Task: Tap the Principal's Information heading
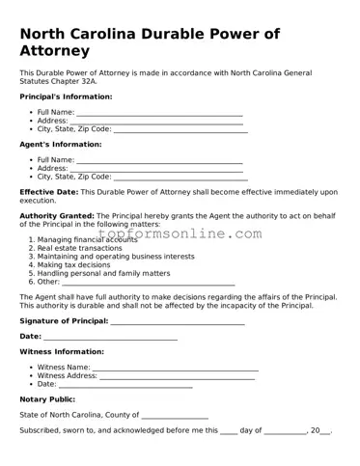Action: point(66,96)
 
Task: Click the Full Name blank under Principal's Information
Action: point(158,113)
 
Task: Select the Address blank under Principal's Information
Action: point(155,122)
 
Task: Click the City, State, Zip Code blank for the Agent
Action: point(180,178)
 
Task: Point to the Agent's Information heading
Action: point(60,145)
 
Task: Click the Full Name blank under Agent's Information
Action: point(158,160)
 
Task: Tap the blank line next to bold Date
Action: point(110,337)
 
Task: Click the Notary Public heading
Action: point(47,398)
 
